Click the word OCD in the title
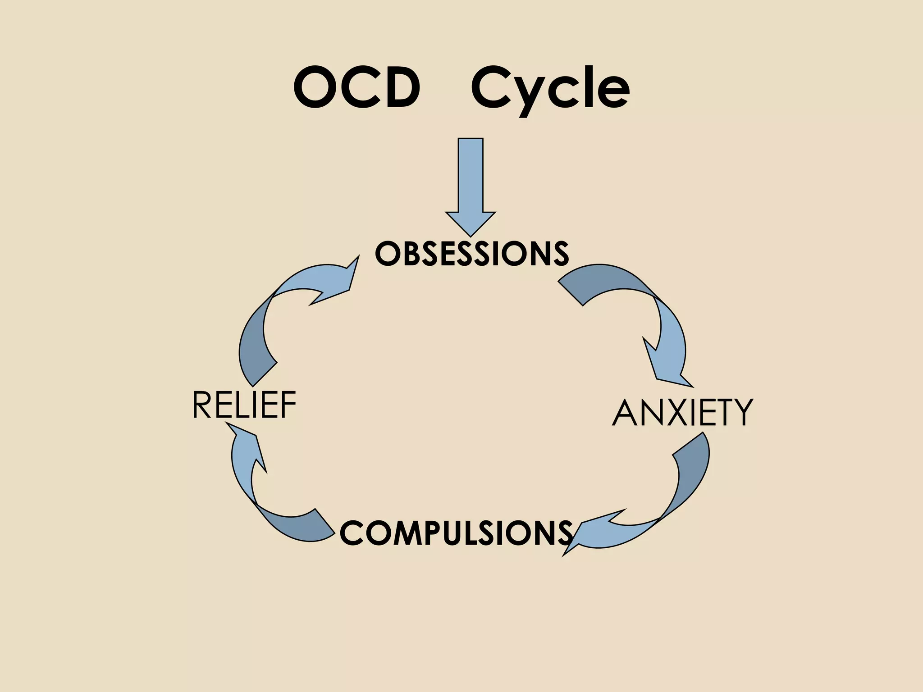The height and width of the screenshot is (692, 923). (x=356, y=87)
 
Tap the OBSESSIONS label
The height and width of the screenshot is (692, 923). (x=472, y=254)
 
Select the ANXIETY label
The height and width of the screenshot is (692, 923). (x=682, y=413)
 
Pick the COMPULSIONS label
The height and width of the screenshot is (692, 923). (x=456, y=533)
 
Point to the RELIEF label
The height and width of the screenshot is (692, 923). (x=244, y=405)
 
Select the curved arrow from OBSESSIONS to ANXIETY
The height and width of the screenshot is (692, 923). (x=649, y=311)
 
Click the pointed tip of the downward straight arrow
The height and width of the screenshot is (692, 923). (x=471, y=235)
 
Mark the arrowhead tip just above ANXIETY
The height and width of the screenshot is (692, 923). (x=692, y=386)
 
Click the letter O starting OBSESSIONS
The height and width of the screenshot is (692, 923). (x=386, y=254)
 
